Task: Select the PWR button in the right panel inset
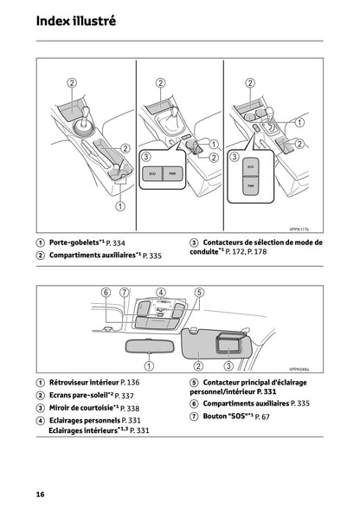coord(250,184)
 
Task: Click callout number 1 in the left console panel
coord(120,206)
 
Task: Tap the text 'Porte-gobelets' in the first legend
coord(72,243)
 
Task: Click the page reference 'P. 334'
coord(114,244)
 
